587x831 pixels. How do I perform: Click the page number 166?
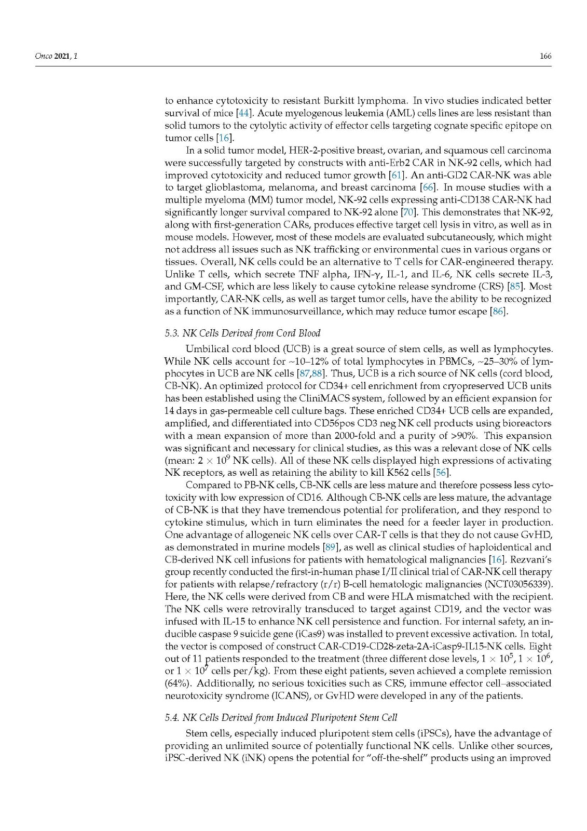pos(545,56)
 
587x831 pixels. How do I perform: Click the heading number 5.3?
pos(171,333)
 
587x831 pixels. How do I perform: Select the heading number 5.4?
pos(171,718)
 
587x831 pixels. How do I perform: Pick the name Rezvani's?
pos(531,559)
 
